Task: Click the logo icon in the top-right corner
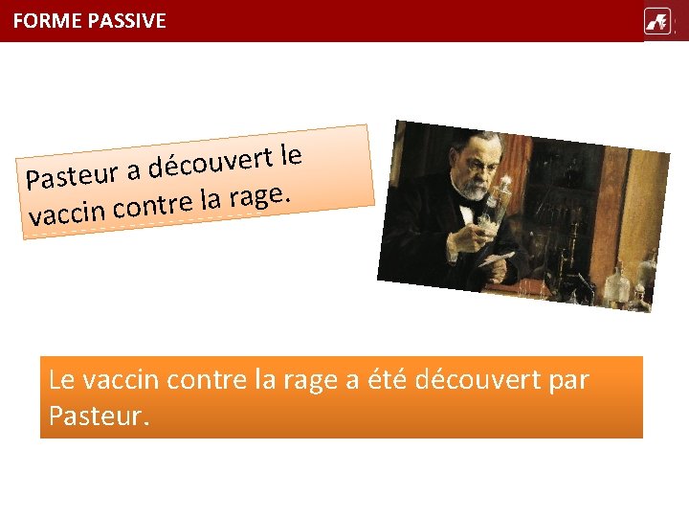click(x=657, y=21)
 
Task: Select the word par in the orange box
click(x=570, y=380)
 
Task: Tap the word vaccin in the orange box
click(x=122, y=380)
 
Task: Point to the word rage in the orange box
click(x=311, y=380)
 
